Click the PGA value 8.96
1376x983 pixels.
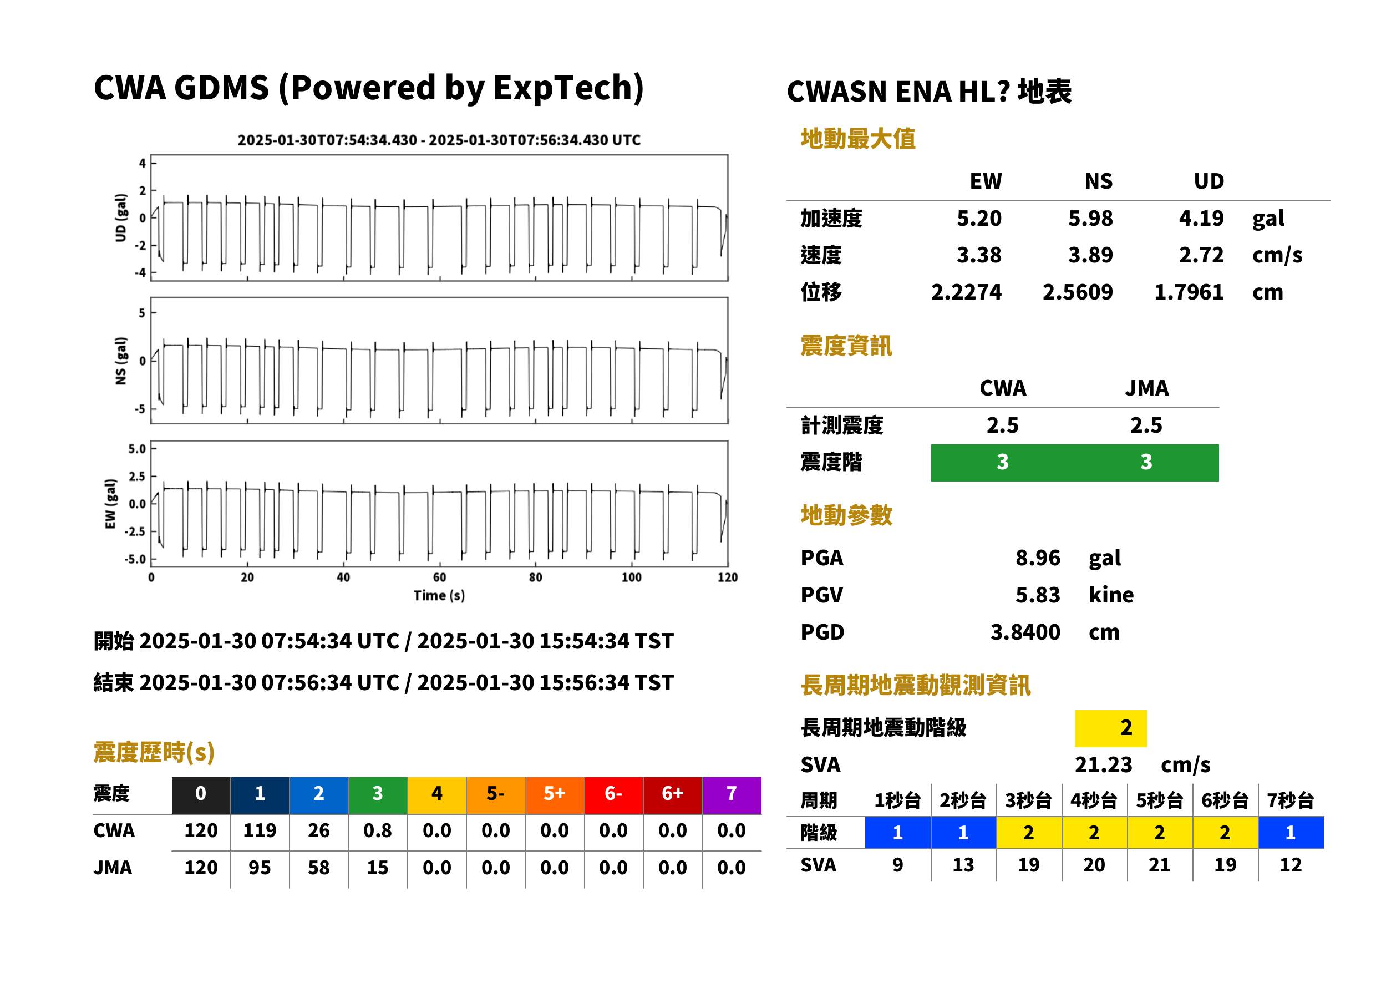(x=1037, y=558)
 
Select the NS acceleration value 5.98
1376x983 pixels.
(x=1090, y=218)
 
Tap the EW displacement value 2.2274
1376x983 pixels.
(x=966, y=292)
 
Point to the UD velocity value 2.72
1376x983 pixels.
(x=1201, y=255)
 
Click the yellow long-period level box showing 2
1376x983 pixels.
(x=1110, y=728)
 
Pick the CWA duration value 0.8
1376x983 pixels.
(x=378, y=830)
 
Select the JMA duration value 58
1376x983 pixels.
(x=318, y=868)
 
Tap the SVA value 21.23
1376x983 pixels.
(x=1103, y=764)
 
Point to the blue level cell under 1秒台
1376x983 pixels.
(x=897, y=832)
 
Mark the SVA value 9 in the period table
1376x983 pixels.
(x=897, y=864)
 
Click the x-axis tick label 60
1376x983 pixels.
(x=439, y=577)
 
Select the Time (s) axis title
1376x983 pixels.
(x=439, y=595)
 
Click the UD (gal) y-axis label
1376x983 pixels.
(x=121, y=218)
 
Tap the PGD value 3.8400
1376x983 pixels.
(x=1025, y=632)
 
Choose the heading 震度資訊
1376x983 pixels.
(x=846, y=346)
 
